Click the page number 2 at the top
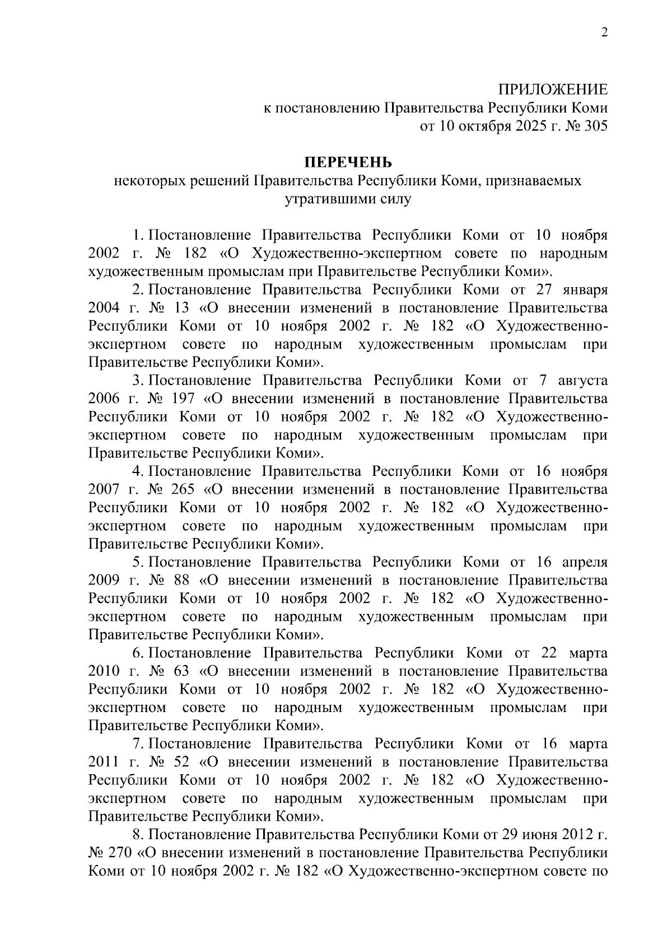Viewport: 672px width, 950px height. click(x=604, y=32)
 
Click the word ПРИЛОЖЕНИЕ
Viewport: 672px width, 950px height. click(x=553, y=90)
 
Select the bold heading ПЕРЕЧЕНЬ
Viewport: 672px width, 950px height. click(x=348, y=162)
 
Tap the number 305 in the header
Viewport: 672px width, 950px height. click(x=595, y=126)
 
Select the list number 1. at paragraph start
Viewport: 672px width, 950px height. click(x=139, y=235)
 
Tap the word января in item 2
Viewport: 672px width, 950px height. click(x=584, y=290)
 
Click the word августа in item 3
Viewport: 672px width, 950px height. click(x=582, y=381)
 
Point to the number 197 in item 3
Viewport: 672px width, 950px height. click(x=183, y=399)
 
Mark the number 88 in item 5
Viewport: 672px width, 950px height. click(x=181, y=580)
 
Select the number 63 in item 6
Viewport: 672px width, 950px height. click(x=181, y=671)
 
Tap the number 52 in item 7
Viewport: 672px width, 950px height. click(x=181, y=762)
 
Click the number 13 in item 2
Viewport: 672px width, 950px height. click(x=181, y=308)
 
